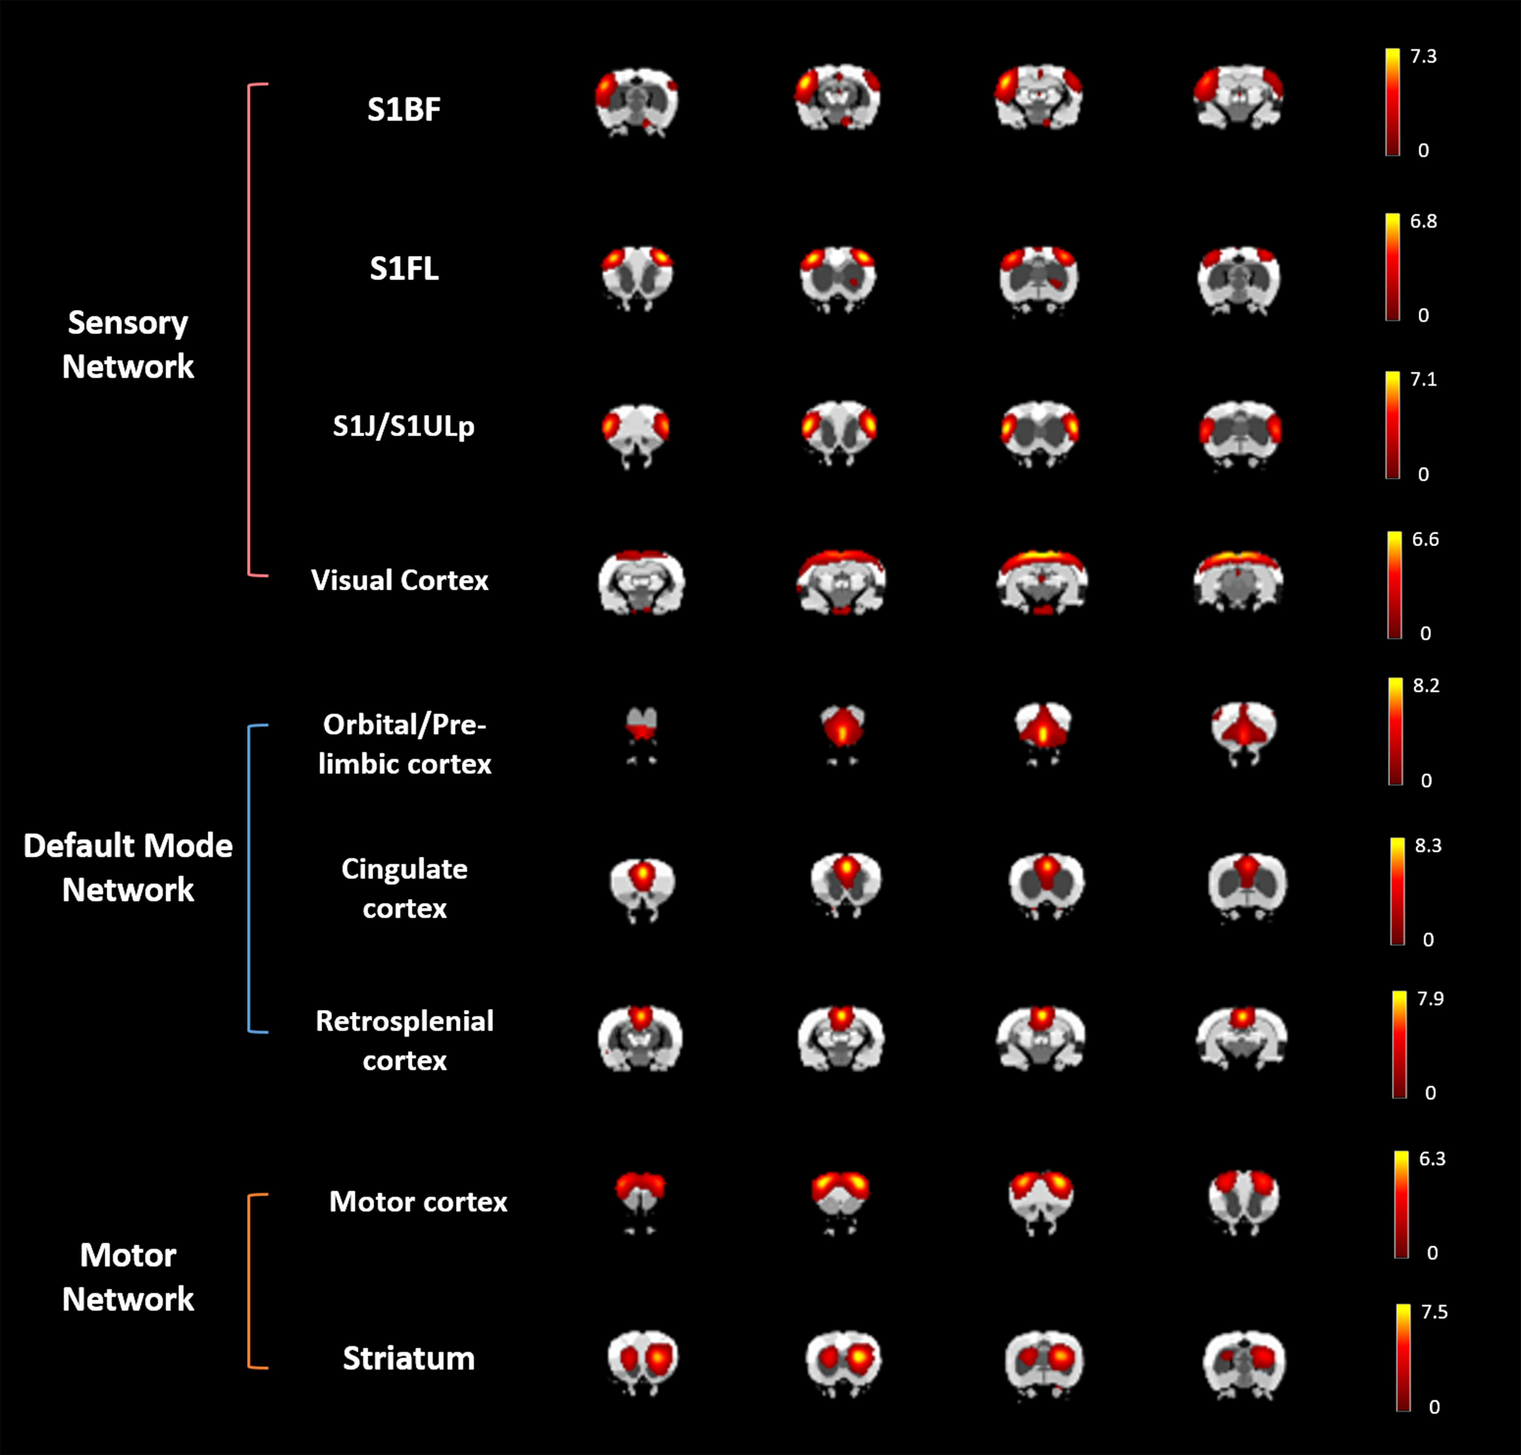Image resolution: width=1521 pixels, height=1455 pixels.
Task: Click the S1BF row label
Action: point(403,109)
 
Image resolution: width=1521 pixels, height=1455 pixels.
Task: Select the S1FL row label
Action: point(403,268)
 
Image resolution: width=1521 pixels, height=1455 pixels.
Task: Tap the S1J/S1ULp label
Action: point(403,426)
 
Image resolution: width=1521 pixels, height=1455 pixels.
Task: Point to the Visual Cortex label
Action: point(399,580)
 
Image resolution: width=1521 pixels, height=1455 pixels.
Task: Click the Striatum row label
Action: point(409,1358)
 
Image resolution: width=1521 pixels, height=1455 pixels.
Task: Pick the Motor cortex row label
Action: point(418,1201)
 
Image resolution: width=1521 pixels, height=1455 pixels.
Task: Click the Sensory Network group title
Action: point(128,344)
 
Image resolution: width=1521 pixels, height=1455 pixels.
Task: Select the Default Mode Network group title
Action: point(128,867)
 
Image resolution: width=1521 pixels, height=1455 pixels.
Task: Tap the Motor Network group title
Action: point(128,1276)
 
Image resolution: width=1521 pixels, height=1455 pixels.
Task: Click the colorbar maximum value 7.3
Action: point(1423,56)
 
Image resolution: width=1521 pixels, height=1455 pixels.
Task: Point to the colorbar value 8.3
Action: point(1428,846)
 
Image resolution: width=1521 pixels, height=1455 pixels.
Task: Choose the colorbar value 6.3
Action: point(1432,1159)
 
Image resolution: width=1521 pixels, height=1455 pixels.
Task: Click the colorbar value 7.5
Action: point(1434,1312)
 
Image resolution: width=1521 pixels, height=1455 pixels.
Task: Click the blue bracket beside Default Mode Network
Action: point(249,879)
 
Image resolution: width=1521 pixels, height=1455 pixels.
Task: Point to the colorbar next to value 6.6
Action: point(1394,585)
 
